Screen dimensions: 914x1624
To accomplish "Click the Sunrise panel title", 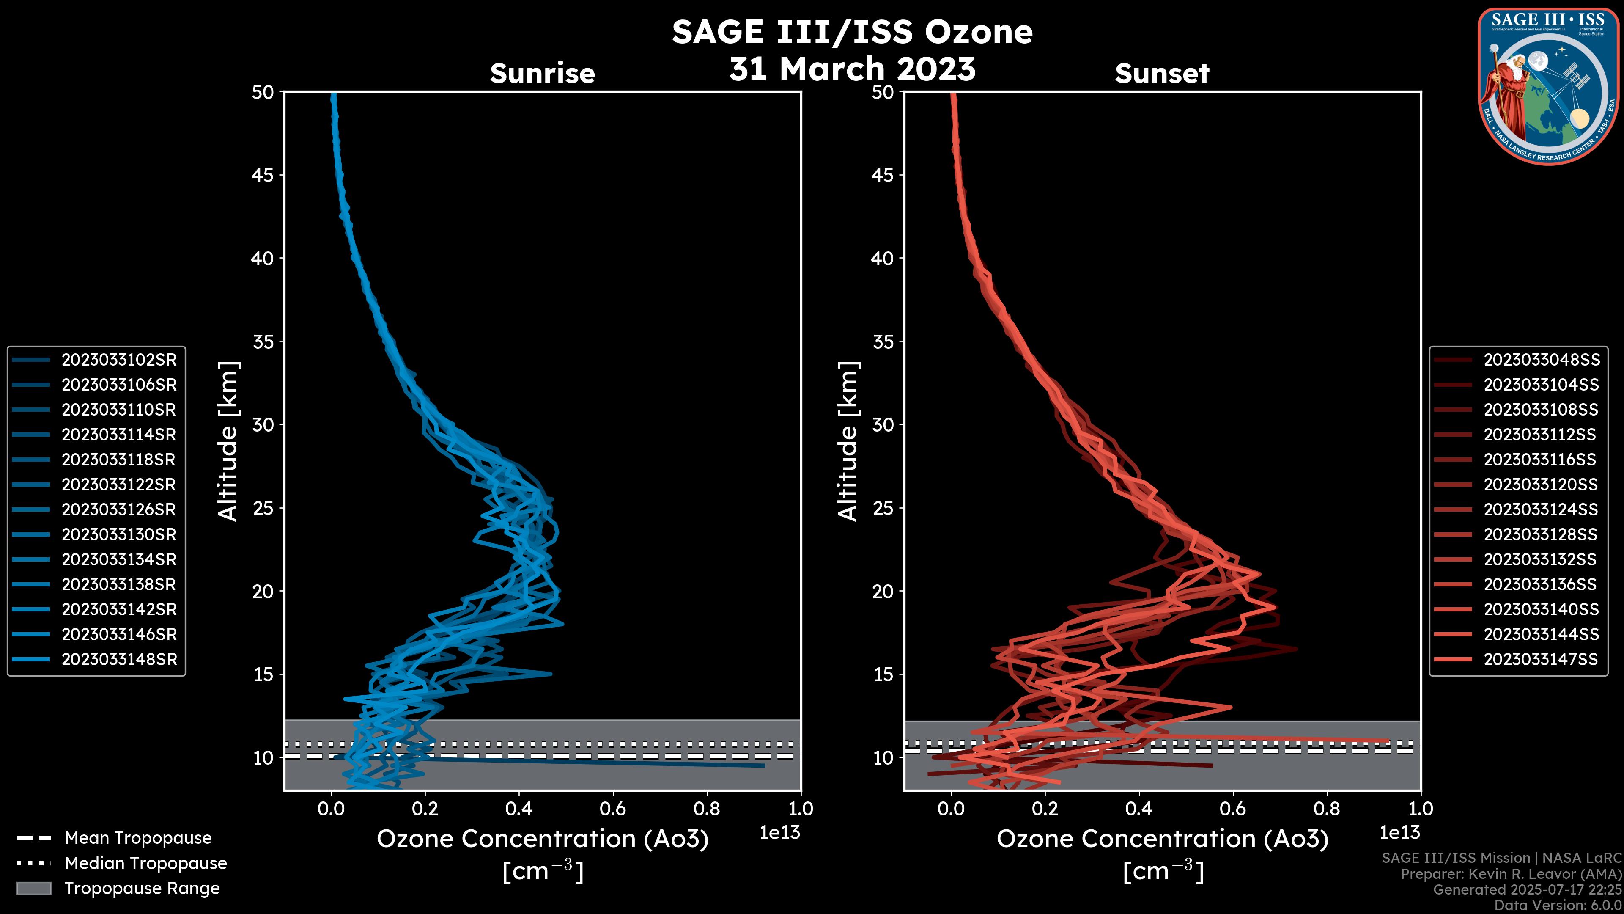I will coord(542,73).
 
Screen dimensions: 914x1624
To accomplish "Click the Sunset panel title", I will coord(1162,73).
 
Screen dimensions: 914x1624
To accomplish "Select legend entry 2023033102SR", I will coord(118,360).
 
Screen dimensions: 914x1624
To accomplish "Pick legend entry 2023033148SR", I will coord(118,659).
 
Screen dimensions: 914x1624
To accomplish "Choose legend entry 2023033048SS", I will coord(1541,360).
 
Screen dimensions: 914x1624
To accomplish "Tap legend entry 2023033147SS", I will coord(1541,659).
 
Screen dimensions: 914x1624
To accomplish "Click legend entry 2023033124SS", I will coord(1541,509).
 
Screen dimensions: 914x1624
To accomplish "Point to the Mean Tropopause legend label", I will coord(138,838).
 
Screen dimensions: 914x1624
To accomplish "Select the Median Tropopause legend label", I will coord(145,863).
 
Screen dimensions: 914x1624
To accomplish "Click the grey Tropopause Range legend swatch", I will coord(33,888).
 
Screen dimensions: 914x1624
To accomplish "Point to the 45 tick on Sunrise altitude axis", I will coord(263,175).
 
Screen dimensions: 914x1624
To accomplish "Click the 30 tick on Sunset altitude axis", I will coord(883,424).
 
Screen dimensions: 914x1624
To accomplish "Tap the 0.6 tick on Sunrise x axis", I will coord(613,809).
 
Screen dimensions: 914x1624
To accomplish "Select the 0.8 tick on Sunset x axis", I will coord(1327,809).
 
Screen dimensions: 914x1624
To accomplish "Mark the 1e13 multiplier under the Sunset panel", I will coord(1399,833).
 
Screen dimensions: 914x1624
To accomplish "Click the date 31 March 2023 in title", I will coord(852,68).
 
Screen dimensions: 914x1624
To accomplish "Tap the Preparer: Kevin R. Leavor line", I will coord(1511,874).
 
